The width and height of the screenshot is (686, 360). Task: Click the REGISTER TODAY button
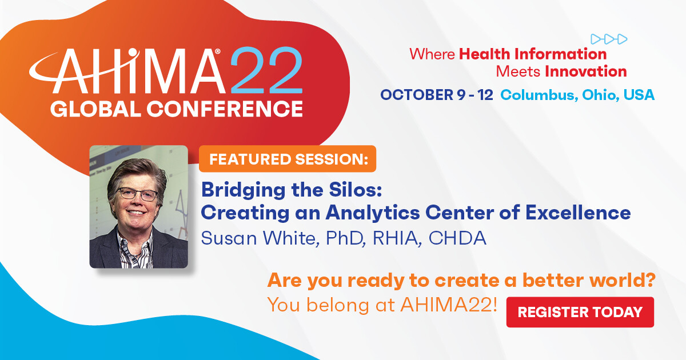pos(580,312)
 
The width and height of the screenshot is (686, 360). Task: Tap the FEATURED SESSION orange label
pos(288,159)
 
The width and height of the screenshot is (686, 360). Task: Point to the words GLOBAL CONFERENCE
pos(176,107)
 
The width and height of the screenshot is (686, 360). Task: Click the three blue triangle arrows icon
pos(609,39)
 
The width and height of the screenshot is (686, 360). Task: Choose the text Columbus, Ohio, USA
pos(577,95)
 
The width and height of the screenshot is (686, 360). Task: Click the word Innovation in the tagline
pos(586,71)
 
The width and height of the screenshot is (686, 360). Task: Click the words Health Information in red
pos(533,54)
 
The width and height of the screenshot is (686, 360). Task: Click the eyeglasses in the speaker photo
pos(138,194)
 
